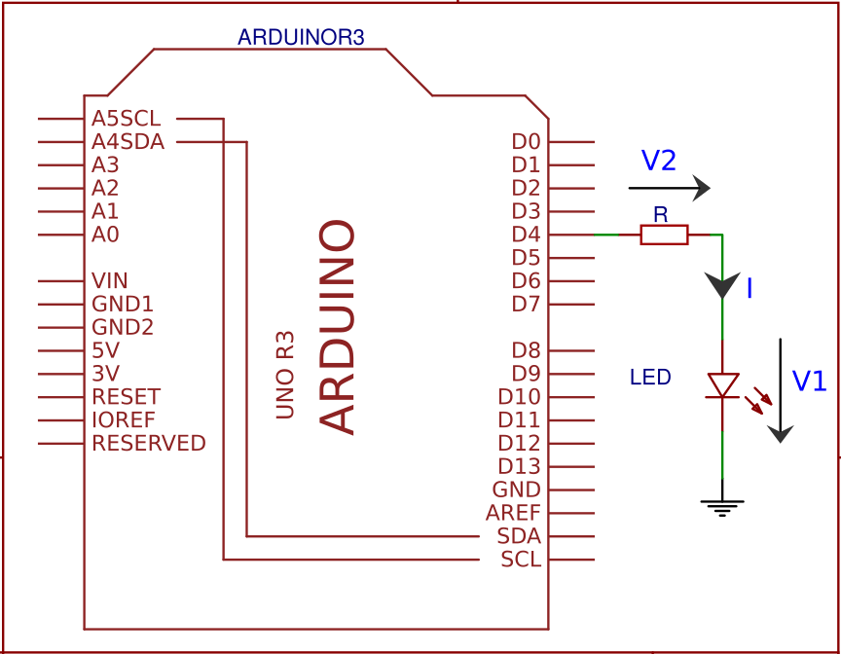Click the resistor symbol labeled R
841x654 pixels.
click(664, 235)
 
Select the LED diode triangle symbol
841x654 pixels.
click(722, 385)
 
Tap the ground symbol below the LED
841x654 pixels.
click(722, 507)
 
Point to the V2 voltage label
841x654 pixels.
click(659, 162)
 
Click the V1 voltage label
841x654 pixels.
click(809, 381)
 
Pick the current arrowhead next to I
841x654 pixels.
click(722, 286)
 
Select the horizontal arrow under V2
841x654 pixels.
click(669, 188)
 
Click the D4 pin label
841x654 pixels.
click(526, 235)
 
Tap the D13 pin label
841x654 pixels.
click(519, 467)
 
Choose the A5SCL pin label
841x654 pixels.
click(127, 119)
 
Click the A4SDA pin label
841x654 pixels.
click(128, 142)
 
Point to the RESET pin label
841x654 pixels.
click(127, 397)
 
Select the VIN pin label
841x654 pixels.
click(110, 281)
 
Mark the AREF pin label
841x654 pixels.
click(513, 513)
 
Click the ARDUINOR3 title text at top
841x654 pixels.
click(301, 38)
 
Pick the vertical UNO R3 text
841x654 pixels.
click(285, 376)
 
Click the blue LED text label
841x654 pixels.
click(650, 378)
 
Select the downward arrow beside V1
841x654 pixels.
click(782, 390)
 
